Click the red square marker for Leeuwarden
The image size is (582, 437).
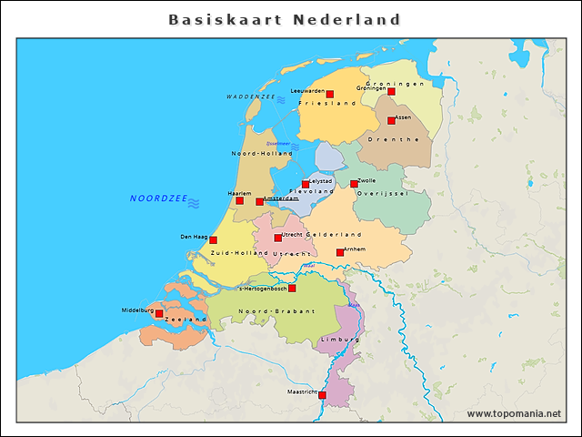point(329,94)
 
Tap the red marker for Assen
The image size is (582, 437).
point(391,120)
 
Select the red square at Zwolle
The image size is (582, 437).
point(354,184)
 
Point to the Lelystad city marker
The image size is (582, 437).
point(306,184)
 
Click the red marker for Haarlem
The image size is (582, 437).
point(239,200)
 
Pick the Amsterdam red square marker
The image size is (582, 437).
point(259,201)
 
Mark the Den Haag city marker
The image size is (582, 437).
point(213,240)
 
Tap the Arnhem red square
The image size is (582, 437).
point(340,252)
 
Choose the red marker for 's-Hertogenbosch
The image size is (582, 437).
point(292,289)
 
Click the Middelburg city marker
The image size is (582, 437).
point(159,313)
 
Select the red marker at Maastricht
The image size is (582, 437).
point(321,395)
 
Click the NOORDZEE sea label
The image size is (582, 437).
point(158,198)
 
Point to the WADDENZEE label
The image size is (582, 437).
point(251,96)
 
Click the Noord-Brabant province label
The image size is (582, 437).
point(276,311)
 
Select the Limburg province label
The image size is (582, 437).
point(340,340)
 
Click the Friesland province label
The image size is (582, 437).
point(327,104)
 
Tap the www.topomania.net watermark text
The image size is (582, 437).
point(514,413)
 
